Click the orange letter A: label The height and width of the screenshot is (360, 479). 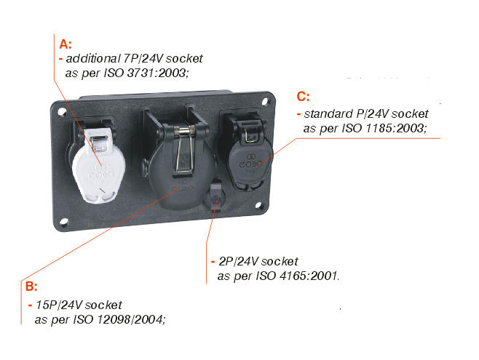click(66, 44)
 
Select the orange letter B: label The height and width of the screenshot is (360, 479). click(31, 287)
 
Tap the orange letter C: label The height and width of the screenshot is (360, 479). click(303, 97)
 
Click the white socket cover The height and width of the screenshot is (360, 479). click(98, 165)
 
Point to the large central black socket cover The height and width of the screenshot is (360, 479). click(181, 171)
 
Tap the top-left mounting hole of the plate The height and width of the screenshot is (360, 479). click(63, 112)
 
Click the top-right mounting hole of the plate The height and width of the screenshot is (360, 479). click(265, 101)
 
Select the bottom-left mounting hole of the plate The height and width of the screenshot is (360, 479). click(64, 222)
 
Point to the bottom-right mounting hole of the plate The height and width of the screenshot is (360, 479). click(258, 205)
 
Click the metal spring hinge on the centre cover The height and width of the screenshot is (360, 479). click(184, 131)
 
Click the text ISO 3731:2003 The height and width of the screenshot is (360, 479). click(146, 73)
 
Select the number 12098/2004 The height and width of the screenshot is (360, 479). click(131, 320)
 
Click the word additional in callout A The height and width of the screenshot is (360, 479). click(93, 58)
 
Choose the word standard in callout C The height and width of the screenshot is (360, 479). click(328, 113)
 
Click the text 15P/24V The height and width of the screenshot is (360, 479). click(59, 305)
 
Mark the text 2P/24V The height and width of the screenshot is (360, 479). click(239, 262)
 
